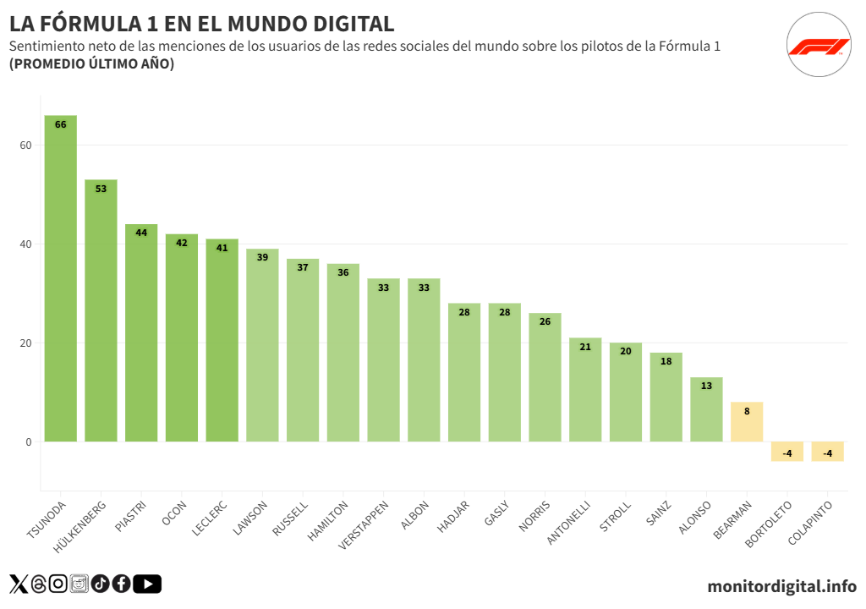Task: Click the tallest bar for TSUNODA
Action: (x=60, y=279)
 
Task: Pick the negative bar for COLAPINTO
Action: (x=827, y=452)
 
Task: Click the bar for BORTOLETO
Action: (x=787, y=452)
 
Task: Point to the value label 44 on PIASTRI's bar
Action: (x=141, y=233)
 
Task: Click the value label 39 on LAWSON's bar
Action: (x=262, y=257)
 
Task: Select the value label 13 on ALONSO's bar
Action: (x=706, y=386)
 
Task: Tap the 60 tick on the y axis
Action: (x=25, y=145)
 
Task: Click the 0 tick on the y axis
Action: (x=28, y=442)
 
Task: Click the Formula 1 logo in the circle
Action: (x=819, y=46)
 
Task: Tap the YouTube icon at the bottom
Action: (x=147, y=584)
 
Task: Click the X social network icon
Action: (x=19, y=584)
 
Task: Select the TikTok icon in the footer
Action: (x=101, y=584)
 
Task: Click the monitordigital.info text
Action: (x=781, y=585)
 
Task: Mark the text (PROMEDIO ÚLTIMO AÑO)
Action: (x=91, y=64)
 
